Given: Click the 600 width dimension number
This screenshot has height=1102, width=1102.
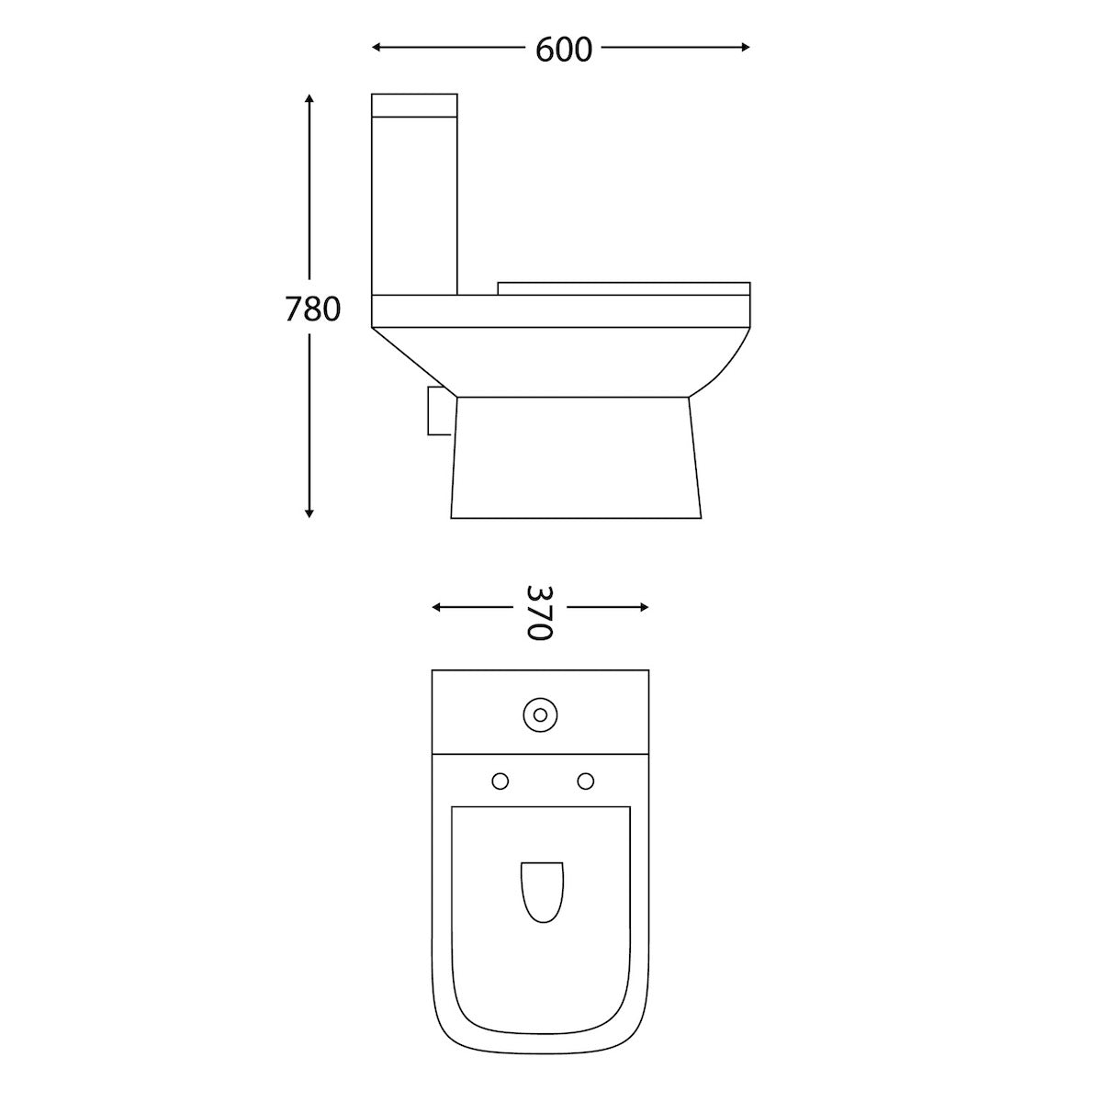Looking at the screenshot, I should pos(563,50).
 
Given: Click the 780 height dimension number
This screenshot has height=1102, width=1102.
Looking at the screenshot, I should pos(312,309).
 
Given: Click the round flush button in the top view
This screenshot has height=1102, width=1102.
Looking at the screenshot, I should pos(540,714).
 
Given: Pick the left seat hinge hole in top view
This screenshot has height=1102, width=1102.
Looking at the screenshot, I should pos(500,781).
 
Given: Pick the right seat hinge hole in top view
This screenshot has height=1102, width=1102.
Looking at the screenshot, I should pos(584,781).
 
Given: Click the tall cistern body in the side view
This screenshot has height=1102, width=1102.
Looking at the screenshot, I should pos(414,202).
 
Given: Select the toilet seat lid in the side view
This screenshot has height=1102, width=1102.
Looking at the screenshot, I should pos(624,288).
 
